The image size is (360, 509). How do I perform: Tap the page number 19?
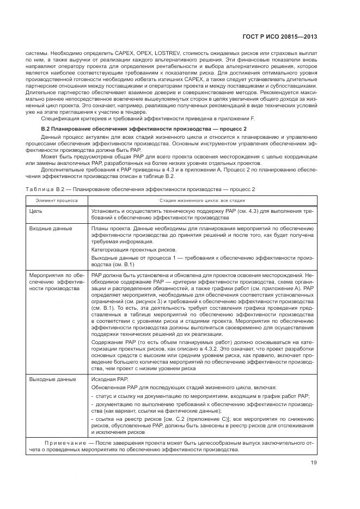pyautogui.click(x=314, y=463)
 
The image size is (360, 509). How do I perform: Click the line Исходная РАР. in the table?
pyautogui.click(x=109, y=379)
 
